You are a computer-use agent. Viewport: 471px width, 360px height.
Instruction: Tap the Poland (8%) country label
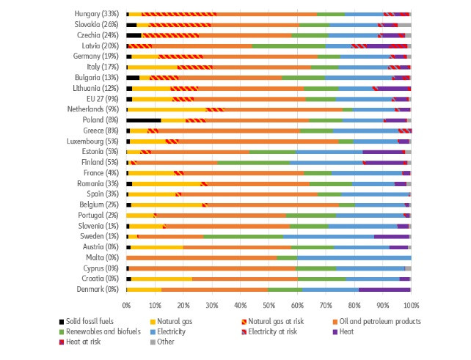pyautogui.click(x=101, y=120)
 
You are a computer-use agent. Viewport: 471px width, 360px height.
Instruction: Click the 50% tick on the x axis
pyautogui.click(x=269, y=304)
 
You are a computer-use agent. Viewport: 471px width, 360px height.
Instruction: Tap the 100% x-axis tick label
pyautogui.click(x=411, y=304)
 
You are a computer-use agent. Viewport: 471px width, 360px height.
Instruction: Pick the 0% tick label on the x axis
pyautogui.click(x=126, y=304)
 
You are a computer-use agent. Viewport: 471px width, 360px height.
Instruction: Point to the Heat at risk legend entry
pyautogui.click(x=84, y=342)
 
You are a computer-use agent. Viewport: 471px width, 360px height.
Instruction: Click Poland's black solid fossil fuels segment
pyautogui.click(x=144, y=120)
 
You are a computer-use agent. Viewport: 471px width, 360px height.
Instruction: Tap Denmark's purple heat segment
pyautogui.click(x=384, y=289)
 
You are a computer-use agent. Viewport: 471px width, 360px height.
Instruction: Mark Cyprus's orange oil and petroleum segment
pyautogui.click(x=213, y=268)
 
